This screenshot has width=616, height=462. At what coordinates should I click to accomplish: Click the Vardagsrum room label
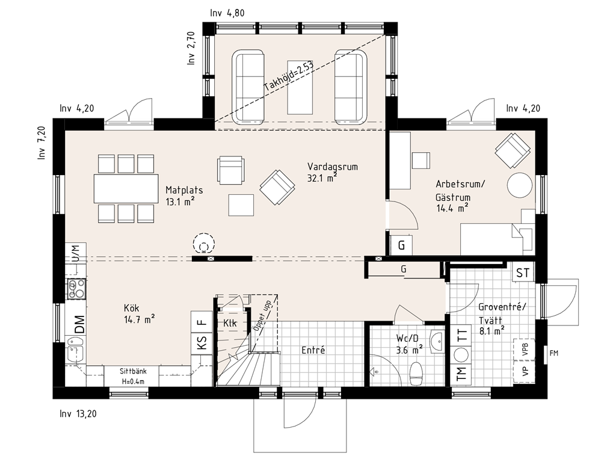click(x=332, y=167)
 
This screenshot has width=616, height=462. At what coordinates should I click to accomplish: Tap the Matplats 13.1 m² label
click(x=184, y=196)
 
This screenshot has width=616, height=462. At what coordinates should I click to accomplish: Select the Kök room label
click(x=132, y=308)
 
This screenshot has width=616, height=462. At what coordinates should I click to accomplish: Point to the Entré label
click(x=313, y=350)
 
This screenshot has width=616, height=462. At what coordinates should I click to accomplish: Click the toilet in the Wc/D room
click(x=416, y=372)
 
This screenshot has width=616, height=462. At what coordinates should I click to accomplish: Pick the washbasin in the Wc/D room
click(x=437, y=341)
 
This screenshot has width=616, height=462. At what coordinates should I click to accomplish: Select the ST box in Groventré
click(x=523, y=273)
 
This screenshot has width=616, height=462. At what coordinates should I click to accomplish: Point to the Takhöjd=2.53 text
click(x=288, y=76)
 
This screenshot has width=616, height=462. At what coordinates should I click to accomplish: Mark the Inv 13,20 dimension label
click(x=78, y=414)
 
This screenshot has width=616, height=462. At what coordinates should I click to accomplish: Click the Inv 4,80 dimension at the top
click(x=227, y=13)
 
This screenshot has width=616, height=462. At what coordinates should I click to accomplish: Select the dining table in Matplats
click(x=126, y=188)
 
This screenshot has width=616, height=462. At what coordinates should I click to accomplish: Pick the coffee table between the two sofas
click(x=300, y=87)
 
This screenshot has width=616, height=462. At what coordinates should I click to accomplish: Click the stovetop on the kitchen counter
click(x=76, y=289)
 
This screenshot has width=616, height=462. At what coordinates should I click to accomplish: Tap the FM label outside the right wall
click(x=553, y=353)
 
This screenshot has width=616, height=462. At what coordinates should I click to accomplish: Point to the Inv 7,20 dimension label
click(x=42, y=143)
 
